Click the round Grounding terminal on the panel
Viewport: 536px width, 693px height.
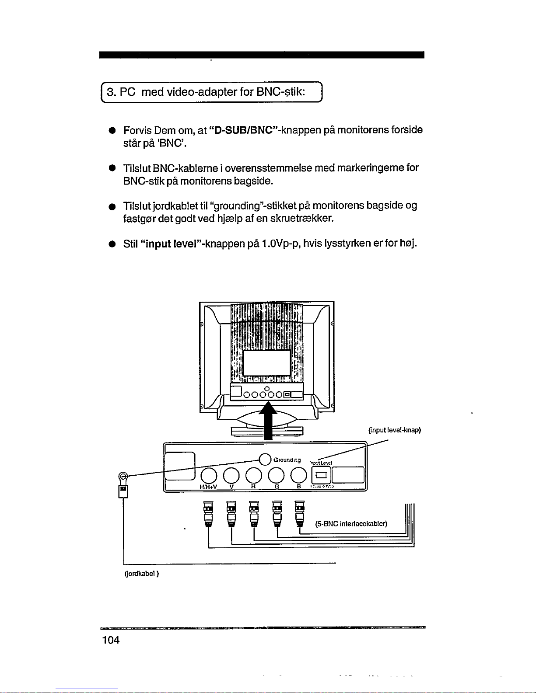(265, 459)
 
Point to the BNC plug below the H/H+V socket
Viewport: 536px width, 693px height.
(209, 514)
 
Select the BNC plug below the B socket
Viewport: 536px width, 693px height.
(299, 514)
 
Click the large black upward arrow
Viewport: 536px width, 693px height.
(269, 420)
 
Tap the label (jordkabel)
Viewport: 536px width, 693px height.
(141, 574)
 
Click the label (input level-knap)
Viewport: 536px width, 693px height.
(394, 430)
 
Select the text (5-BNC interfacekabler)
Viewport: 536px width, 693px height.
(351, 524)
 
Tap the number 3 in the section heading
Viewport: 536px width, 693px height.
(111, 92)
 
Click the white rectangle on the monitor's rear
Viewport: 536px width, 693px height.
(266, 362)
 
